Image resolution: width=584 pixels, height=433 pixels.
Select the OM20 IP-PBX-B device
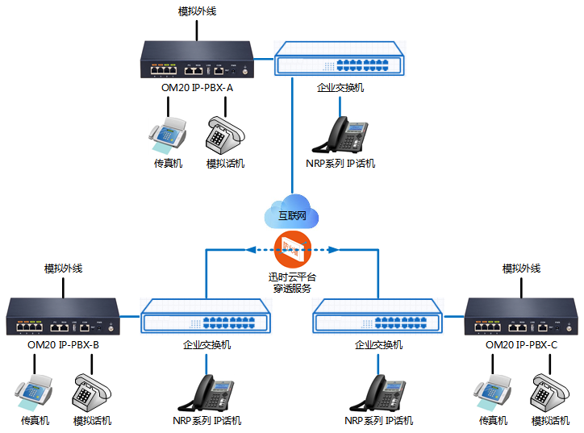pyautogui.click(x=64, y=316)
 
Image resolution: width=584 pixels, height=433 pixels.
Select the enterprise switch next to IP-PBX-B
pyautogui.click(x=206, y=316)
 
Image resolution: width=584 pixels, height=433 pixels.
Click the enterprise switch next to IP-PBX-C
pyautogui.click(x=378, y=316)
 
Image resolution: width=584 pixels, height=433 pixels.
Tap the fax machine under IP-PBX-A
pyautogui.click(x=168, y=135)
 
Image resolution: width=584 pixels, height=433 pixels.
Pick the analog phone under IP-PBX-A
pyautogui.click(x=223, y=134)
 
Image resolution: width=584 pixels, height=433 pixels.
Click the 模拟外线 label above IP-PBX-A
pyautogui.click(x=197, y=12)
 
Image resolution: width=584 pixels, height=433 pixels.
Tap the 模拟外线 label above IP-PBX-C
pyautogui.click(x=521, y=269)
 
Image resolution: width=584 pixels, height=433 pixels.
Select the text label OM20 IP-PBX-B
pyautogui.click(x=64, y=344)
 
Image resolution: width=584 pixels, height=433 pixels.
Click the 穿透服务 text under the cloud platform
pyautogui.click(x=292, y=288)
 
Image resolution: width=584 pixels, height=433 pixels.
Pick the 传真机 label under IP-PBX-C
pyautogui.click(x=493, y=421)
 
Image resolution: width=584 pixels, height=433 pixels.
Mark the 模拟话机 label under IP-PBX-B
pyautogui.click(x=92, y=421)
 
